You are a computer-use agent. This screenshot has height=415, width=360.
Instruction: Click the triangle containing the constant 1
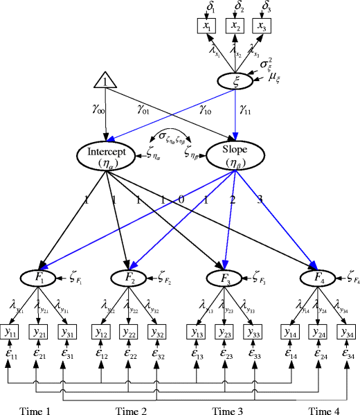tap(104, 82)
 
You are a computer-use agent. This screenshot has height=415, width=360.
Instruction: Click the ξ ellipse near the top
tap(237, 80)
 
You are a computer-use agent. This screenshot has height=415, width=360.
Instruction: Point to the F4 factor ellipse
tap(318, 279)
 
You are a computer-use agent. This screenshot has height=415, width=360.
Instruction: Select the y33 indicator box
tap(253, 333)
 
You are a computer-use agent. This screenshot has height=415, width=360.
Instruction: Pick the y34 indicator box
tap(346, 333)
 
